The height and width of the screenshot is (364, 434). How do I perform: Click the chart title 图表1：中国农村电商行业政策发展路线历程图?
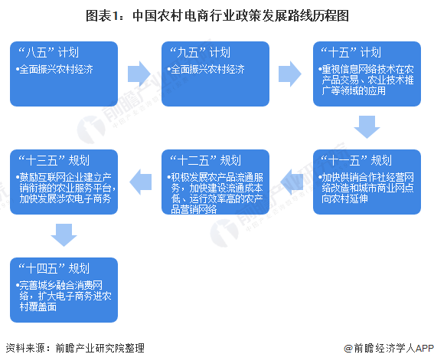[217, 15]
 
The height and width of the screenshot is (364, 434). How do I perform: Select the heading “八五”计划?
[49, 52]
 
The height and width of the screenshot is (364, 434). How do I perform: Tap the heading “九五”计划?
[200, 52]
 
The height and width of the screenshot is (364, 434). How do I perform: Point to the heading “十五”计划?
[351, 52]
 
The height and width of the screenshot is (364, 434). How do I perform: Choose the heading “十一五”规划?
[356, 160]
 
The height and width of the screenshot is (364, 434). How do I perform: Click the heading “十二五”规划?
[205, 160]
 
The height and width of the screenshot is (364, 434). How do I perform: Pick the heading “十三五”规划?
[54, 160]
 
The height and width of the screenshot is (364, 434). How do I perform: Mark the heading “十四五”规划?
[54, 268]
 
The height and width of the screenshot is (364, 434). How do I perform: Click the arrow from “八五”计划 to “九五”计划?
[139, 74]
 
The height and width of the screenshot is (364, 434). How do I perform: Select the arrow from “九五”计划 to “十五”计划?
[290, 74]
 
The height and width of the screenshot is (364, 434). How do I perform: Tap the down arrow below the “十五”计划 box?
[367, 127]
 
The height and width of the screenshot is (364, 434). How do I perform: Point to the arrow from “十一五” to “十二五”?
[292, 182]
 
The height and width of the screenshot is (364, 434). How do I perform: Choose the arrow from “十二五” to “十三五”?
[141, 182]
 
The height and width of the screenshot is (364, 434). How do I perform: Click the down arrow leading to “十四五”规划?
[64, 235]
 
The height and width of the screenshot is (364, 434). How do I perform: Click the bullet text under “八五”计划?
[54, 69]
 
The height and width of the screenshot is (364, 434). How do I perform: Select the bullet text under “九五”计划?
[206, 69]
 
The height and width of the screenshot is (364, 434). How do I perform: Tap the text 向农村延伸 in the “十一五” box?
[344, 198]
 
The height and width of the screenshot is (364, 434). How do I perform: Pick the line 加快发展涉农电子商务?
[65, 198]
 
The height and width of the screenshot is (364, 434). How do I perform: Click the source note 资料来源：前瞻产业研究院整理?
[75, 348]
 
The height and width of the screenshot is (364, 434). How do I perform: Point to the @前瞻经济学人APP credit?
[389, 348]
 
